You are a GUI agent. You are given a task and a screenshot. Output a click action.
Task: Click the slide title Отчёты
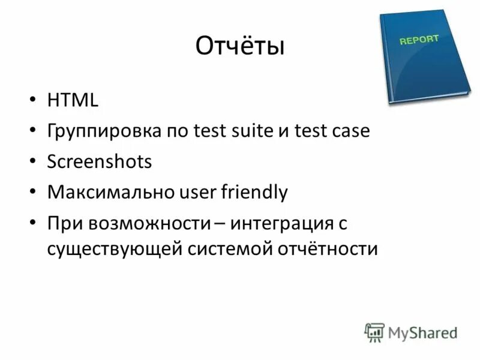[240, 47]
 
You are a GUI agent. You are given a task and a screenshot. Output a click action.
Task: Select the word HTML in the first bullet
[73, 100]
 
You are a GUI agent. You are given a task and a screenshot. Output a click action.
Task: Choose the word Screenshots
[99, 162]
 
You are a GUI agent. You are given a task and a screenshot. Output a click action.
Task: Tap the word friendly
[254, 193]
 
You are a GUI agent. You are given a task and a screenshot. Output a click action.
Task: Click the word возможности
[149, 224]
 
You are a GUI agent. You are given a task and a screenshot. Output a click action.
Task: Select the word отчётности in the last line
[327, 248]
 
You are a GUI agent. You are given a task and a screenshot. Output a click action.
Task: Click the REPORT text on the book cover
[419, 40]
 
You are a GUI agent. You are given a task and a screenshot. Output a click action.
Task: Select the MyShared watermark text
[422, 332]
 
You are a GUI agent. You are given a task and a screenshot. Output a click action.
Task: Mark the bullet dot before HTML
[32, 101]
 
